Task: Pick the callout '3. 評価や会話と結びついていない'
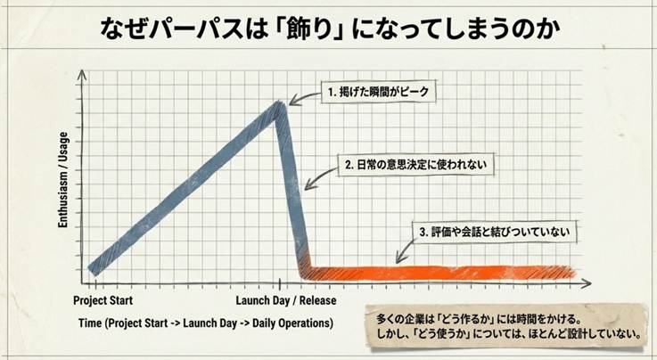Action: (493, 232)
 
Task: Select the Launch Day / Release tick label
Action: (285, 300)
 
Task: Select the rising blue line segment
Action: (183, 187)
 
